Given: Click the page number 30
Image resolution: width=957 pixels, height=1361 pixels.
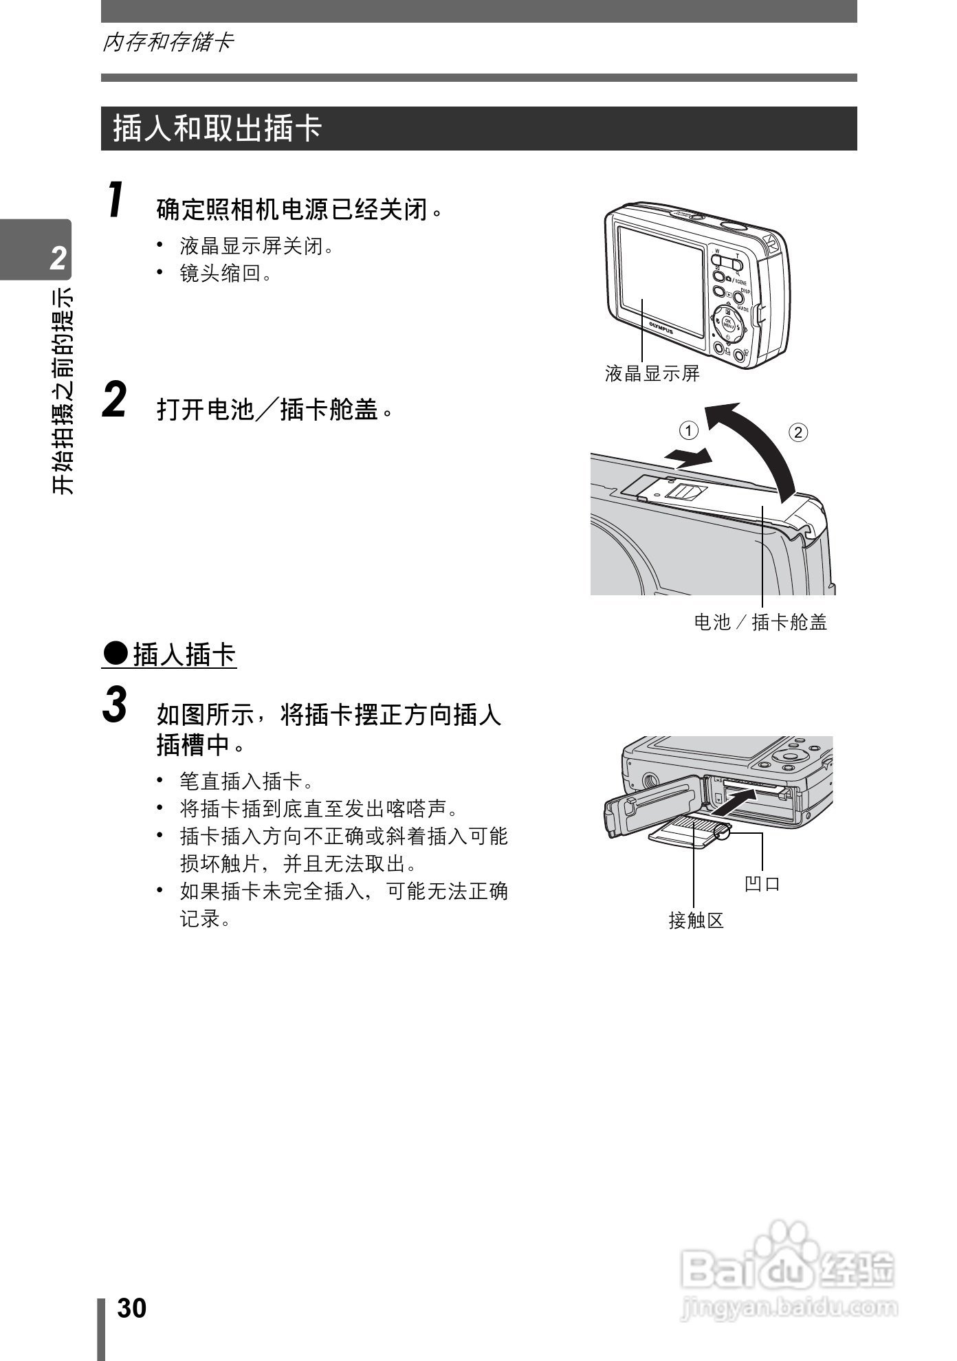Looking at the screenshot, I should [x=131, y=1307].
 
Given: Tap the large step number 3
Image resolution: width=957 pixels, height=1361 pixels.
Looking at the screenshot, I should [x=115, y=705].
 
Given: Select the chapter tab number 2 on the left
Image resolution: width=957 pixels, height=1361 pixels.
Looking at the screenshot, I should [x=58, y=258].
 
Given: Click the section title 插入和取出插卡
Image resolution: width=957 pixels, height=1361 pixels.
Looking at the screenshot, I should [x=217, y=129].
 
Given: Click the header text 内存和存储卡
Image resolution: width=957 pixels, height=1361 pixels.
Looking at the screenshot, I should [x=168, y=43].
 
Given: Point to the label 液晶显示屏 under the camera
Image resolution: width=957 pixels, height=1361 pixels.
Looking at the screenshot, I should [x=652, y=373].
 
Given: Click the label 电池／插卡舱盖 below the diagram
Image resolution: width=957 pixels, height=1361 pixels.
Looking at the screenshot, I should [x=760, y=622].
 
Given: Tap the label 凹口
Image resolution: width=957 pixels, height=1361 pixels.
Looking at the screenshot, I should [x=762, y=883].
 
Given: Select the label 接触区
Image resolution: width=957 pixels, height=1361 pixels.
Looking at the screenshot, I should [x=696, y=920].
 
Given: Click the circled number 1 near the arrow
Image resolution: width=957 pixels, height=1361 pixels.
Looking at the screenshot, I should [x=688, y=431].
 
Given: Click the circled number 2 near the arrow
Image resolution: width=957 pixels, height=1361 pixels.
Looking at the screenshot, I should [x=797, y=432].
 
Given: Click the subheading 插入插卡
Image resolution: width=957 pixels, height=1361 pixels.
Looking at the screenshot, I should [x=184, y=654].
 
